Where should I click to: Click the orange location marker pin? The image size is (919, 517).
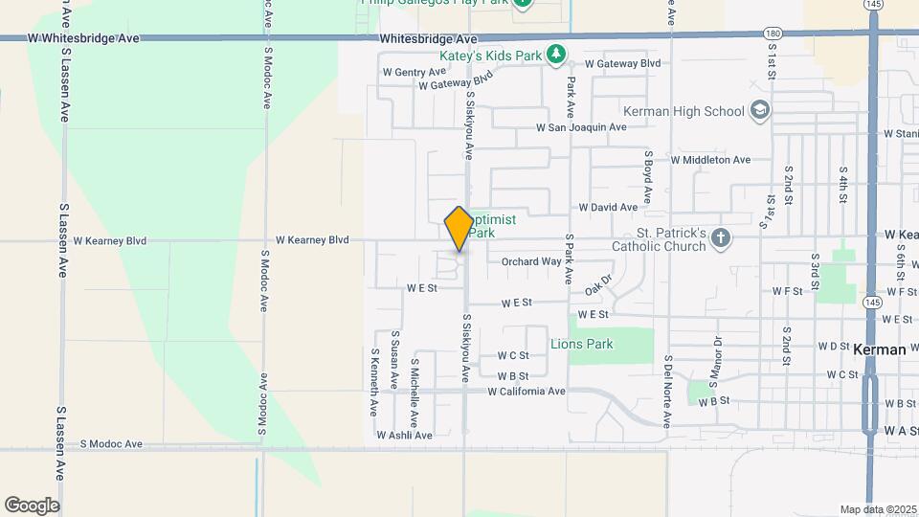[459, 229]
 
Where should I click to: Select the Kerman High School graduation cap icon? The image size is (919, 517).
[760, 111]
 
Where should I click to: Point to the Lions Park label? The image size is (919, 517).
[582, 344]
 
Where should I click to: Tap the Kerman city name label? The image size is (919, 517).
[879, 349]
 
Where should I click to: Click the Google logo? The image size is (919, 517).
[32, 506]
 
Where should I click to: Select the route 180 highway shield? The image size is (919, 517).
[773, 34]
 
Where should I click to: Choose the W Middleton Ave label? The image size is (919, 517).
[710, 160]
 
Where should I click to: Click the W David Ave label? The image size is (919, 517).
[608, 207]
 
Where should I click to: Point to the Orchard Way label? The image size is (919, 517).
[531, 261]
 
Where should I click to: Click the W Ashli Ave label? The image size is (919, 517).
[404, 435]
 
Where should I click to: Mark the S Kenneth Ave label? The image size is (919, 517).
[374, 381]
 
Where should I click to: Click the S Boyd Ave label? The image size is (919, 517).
[648, 177]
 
